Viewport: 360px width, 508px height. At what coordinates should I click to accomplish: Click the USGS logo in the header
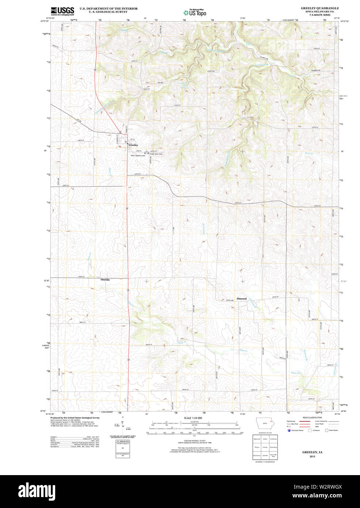click(62, 11)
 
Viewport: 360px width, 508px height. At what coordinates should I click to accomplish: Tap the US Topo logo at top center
click(195, 12)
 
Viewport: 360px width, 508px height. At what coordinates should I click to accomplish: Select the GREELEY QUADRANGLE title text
click(319, 8)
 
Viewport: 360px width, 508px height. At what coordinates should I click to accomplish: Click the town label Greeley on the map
click(133, 145)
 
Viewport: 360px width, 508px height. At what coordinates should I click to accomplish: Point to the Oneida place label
click(105, 280)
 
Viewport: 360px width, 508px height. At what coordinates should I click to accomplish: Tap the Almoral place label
click(241, 299)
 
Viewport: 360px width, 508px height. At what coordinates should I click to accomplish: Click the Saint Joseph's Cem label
click(138, 156)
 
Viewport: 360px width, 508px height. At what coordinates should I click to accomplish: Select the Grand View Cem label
click(156, 154)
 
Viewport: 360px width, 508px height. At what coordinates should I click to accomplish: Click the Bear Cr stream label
click(309, 153)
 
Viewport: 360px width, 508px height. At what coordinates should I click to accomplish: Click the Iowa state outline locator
click(265, 423)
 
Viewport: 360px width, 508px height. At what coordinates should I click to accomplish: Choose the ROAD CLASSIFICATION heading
click(312, 417)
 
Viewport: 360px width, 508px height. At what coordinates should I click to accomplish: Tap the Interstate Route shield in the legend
click(289, 430)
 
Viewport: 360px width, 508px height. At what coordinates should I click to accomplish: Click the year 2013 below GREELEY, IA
click(312, 456)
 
